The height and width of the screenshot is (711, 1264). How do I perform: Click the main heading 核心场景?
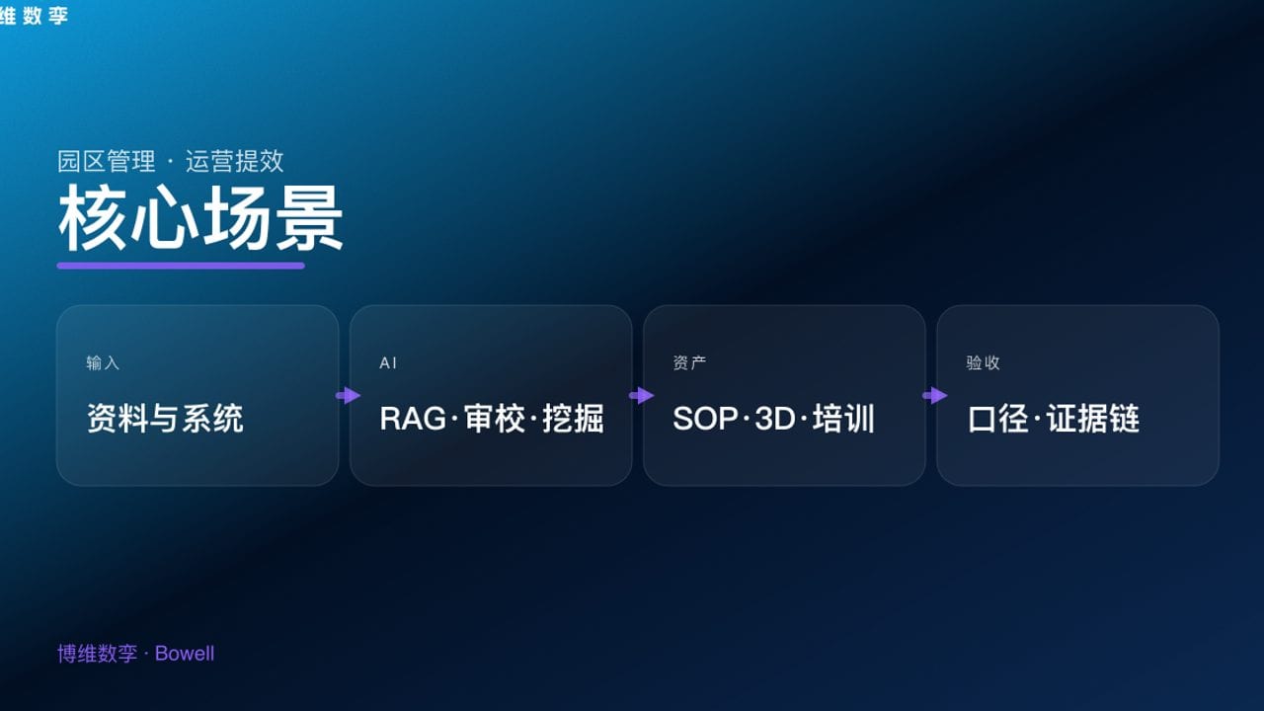(200, 219)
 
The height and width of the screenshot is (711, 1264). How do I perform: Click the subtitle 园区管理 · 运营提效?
(170, 161)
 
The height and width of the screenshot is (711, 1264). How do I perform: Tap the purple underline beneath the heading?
(181, 266)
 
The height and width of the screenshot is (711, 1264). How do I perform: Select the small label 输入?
(103, 363)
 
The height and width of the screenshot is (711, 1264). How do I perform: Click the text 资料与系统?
(164, 419)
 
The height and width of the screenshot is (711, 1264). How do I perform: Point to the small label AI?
(388, 363)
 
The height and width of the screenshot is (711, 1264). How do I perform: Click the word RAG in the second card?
(412, 419)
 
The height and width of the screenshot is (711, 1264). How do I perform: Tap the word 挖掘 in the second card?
(573, 419)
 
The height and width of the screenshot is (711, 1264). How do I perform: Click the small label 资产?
(689, 363)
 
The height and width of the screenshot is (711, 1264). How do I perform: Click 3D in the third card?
(774, 419)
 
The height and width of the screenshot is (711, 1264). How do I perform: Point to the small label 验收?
(983, 363)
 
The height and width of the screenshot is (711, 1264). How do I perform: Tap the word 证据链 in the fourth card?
(1093, 419)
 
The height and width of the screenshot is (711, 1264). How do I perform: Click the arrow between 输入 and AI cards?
(348, 396)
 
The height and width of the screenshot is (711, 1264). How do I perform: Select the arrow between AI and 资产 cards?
(641, 396)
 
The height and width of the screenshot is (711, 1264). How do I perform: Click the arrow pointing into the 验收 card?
(934, 396)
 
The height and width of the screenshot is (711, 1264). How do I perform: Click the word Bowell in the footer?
(185, 654)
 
